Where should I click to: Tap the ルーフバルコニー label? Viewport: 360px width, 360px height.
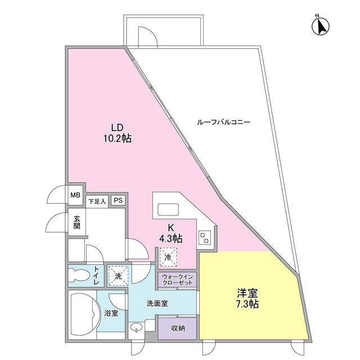point(224,121)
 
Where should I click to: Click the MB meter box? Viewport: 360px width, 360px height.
point(75,196)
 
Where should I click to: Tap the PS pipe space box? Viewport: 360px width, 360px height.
point(118,200)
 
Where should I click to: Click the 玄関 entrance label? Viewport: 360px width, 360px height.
point(76,222)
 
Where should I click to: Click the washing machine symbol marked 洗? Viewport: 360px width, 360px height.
point(118,276)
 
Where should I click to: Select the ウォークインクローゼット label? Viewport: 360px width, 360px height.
point(178,280)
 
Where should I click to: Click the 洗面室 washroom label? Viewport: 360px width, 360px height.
point(157,303)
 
